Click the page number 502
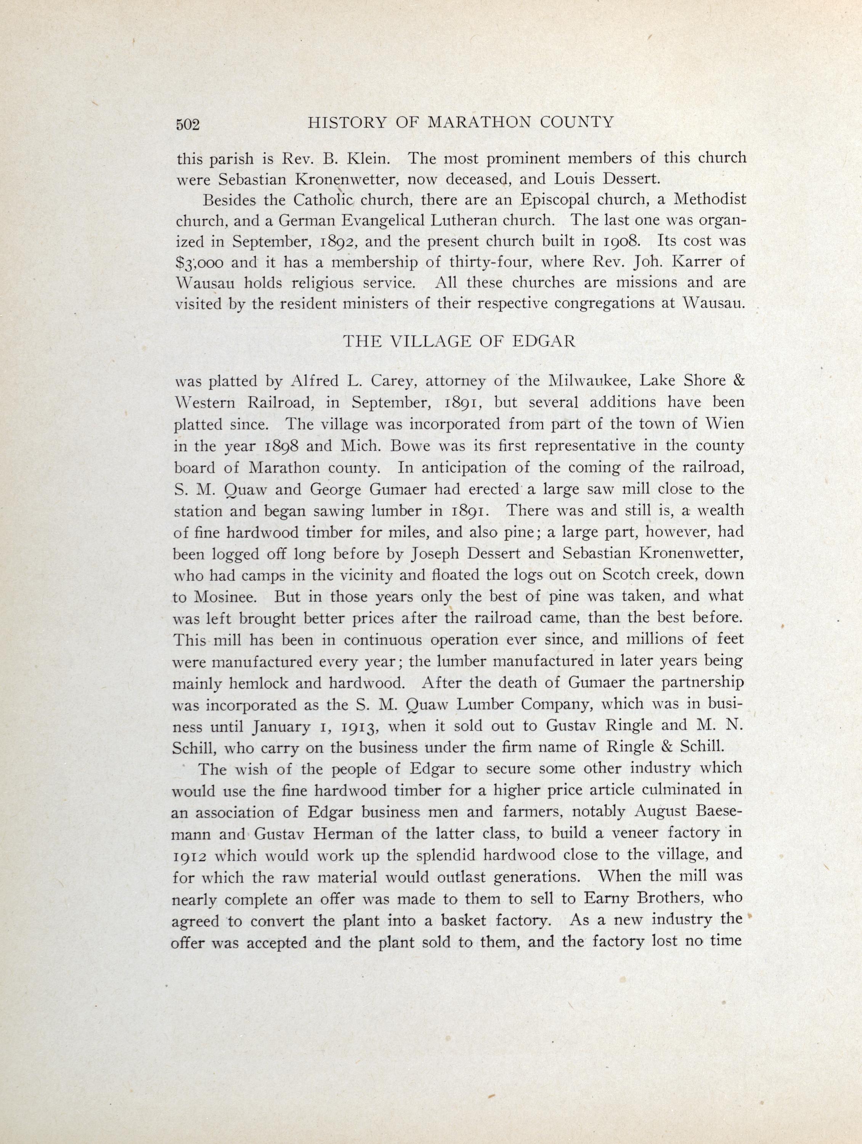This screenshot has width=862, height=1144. (x=188, y=125)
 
